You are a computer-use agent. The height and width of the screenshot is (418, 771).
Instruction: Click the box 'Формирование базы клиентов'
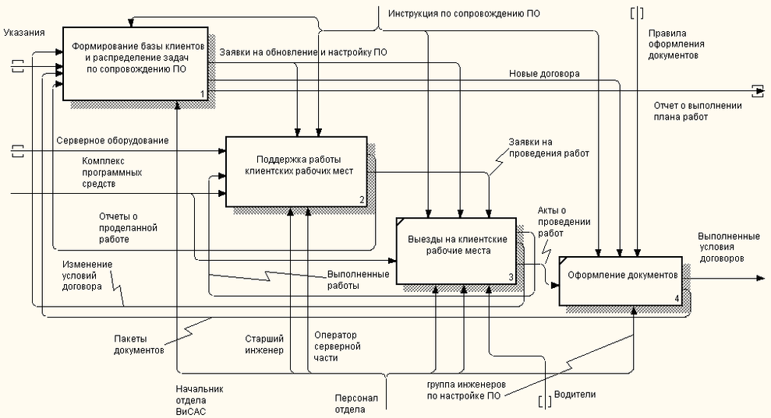click(x=135, y=63)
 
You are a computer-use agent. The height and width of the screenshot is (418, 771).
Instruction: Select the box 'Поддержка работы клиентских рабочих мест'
click(x=295, y=170)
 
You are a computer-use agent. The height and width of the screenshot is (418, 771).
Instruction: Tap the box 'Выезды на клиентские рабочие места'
click(x=457, y=251)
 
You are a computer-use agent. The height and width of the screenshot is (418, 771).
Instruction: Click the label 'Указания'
click(x=23, y=33)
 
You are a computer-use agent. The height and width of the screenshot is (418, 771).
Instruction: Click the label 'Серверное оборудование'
click(x=112, y=140)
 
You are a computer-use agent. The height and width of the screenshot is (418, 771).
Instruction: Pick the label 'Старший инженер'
click(x=264, y=344)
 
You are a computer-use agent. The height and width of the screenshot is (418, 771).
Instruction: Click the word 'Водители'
click(x=575, y=395)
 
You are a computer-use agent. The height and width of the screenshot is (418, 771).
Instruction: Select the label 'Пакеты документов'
click(x=139, y=345)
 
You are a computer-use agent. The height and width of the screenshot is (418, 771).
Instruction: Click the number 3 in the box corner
click(x=511, y=276)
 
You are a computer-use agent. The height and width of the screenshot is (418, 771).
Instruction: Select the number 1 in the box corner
click(x=202, y=94)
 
